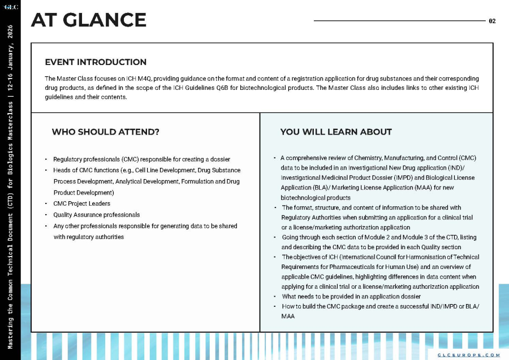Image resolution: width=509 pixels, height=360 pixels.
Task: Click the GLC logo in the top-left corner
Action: [x=11, y=7]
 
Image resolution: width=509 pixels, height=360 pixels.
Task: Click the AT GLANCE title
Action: [x=89, y=20]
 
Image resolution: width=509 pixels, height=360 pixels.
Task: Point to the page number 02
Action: [x=492, y=21]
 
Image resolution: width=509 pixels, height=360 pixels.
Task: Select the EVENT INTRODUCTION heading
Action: [x=96, y=62]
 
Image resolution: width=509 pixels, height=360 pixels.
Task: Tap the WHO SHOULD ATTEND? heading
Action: [x=105, y=132]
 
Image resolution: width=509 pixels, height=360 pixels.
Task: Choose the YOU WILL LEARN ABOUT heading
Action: [x=336, y=132]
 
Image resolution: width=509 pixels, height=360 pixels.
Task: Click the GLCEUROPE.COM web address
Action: [x=469, y=354]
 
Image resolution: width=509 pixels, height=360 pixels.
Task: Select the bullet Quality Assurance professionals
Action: [x=96, y=215]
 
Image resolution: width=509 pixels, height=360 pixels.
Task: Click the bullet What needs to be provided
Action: [x=351, y=296]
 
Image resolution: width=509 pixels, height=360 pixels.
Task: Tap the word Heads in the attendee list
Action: [x=61, y=170]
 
